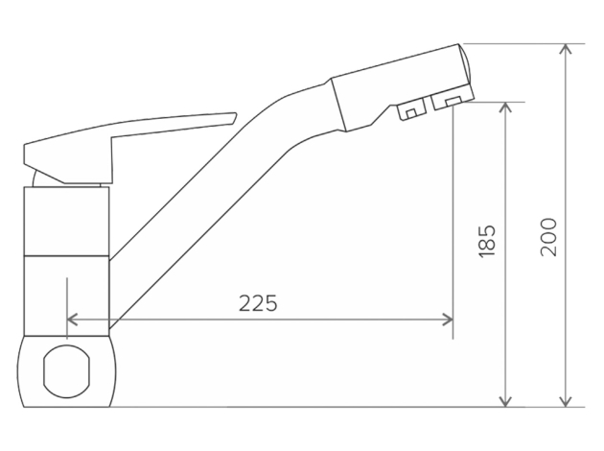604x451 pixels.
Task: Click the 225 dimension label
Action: click(x=258, y=303)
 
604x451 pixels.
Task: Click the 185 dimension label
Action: click(x=486, y=241)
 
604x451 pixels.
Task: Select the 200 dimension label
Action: click(x=548, y=237)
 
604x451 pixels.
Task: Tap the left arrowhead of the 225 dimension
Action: click(x=72, y=320)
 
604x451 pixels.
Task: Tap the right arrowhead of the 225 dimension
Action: click(x=448, y=320)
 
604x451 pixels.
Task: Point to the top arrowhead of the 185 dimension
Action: click(x=505, y=107)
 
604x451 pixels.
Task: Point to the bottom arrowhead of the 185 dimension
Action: click(x=505, y=401)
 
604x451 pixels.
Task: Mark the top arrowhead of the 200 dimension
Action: click(x=565, y=49)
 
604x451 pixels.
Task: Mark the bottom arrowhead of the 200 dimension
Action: click(x=565, y=401)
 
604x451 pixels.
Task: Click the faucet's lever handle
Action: click(x=116, y=143)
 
